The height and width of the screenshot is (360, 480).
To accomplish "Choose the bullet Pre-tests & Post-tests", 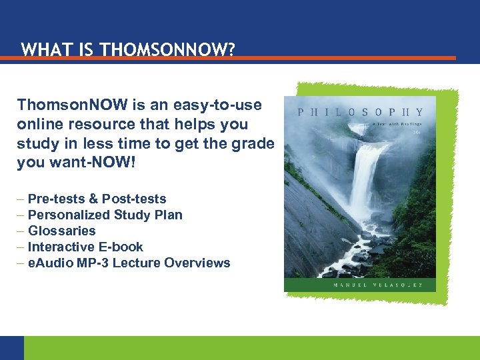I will tap(97, 199).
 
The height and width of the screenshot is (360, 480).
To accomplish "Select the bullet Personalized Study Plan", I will tap(105, 215).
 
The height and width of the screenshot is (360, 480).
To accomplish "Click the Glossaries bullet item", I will tap(61, 231).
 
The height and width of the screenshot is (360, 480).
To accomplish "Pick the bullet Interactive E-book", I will tap(85, 247).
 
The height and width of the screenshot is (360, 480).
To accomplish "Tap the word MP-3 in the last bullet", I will tap(89, 263).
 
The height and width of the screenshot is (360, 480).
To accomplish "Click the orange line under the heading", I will tap(227, 59).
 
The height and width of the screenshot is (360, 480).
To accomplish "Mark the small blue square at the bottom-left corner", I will tap(11, 347).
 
